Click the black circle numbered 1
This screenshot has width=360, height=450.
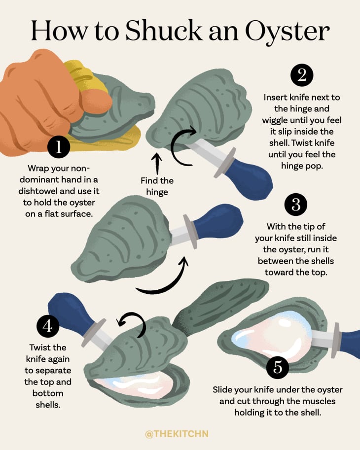tap(59, 147)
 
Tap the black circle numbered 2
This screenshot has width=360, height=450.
tap(302, 75)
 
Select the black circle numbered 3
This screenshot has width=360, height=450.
tap(296, 205)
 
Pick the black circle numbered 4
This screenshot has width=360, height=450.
tap(48, 326)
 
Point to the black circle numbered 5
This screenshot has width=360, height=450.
tap(278, 367)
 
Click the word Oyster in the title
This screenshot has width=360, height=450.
tap(287, 31)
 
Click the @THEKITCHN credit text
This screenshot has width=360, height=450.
tap(177, 433)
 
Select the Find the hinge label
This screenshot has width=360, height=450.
tap(157, 186)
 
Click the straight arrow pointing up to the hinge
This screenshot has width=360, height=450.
tap(157, 163)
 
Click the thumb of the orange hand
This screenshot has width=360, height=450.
tap(96, 102)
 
